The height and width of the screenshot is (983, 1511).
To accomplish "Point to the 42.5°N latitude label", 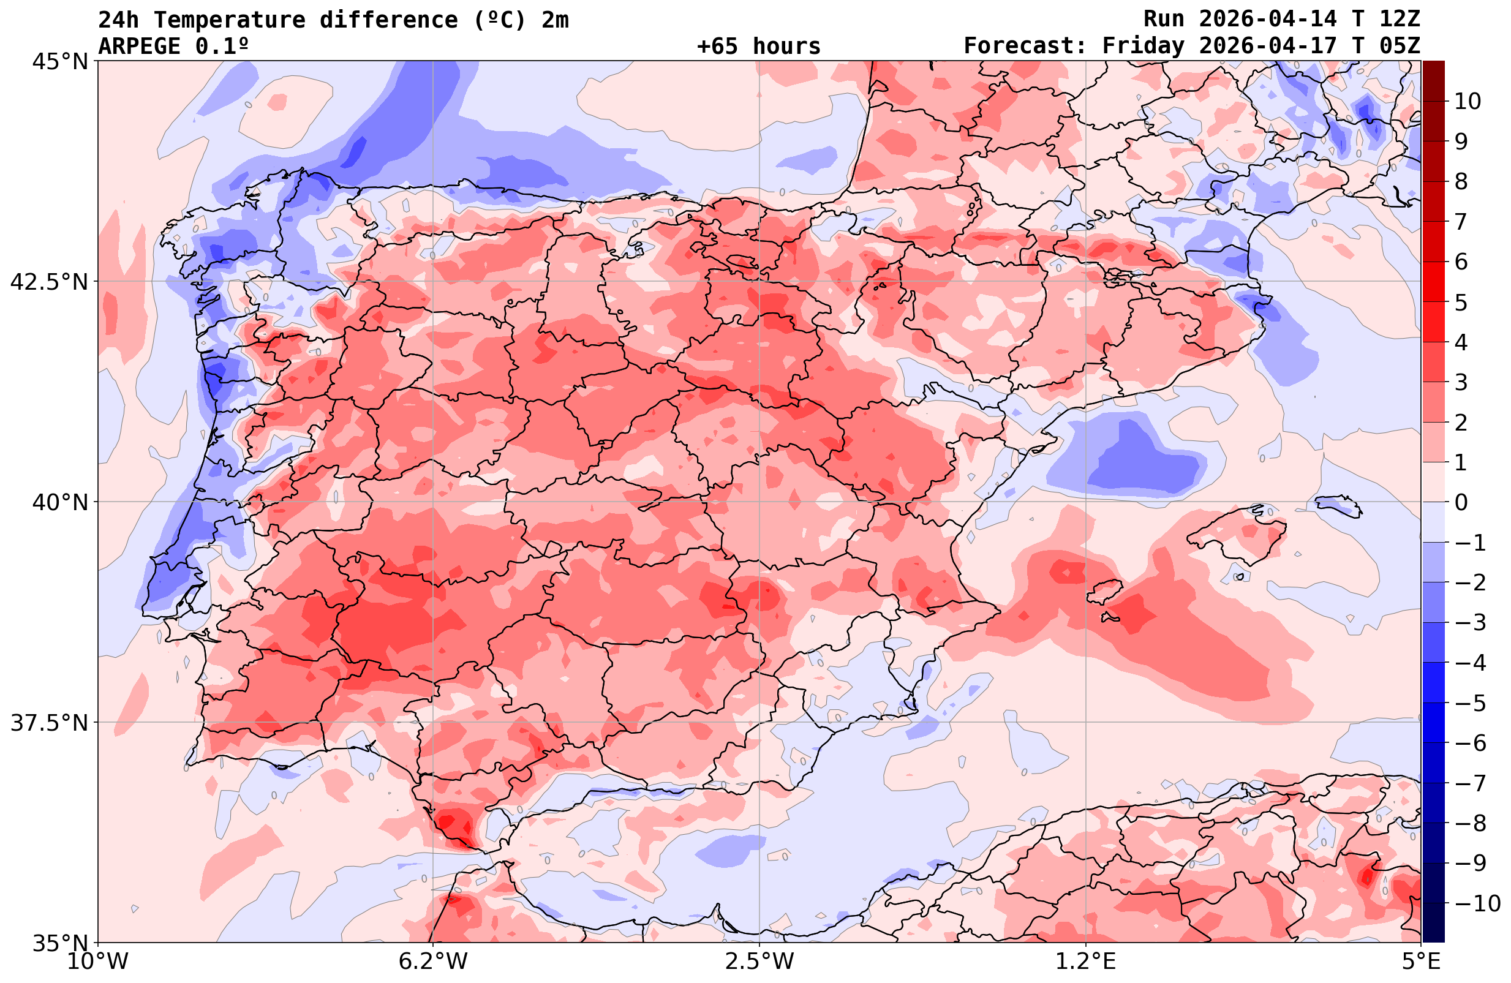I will [49, 281].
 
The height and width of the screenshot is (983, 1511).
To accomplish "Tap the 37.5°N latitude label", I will [49, 723].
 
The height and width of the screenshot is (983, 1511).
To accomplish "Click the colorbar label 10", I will [1467, 101].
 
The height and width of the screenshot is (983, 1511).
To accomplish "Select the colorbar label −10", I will [1477, 902].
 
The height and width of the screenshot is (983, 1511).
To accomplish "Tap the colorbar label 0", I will [1461, 502].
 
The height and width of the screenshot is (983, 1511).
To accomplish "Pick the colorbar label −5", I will [1470, 703].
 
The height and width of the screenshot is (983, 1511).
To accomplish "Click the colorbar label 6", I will [1461, 262].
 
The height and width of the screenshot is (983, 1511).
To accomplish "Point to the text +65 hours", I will [759, 47].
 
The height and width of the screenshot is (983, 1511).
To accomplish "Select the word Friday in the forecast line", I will [1144, 47].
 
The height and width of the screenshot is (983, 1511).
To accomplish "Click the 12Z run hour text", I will [1400, 20].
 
